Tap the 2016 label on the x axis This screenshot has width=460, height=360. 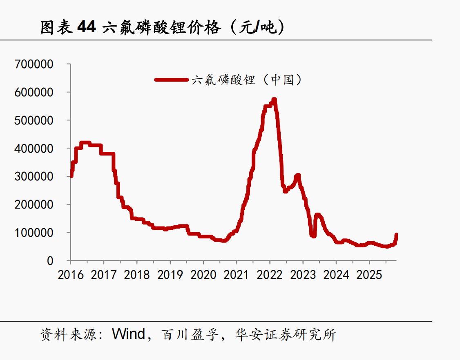tap(71, 275)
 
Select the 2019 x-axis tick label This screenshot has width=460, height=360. tap(170, 275)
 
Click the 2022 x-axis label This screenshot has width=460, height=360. tap(270, 275)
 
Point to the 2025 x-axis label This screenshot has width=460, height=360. tap(369, 275)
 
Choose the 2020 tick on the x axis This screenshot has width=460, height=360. tap(203, 275)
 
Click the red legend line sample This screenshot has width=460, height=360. tap(171, 80)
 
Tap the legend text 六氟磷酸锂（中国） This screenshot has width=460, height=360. tap(247, 80)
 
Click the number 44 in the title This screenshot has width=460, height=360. tap(86, 27)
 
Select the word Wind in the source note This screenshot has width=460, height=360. tap(129, 334)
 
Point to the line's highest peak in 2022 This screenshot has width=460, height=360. tap(274, 100)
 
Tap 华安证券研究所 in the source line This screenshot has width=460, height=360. tap(286, 335)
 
